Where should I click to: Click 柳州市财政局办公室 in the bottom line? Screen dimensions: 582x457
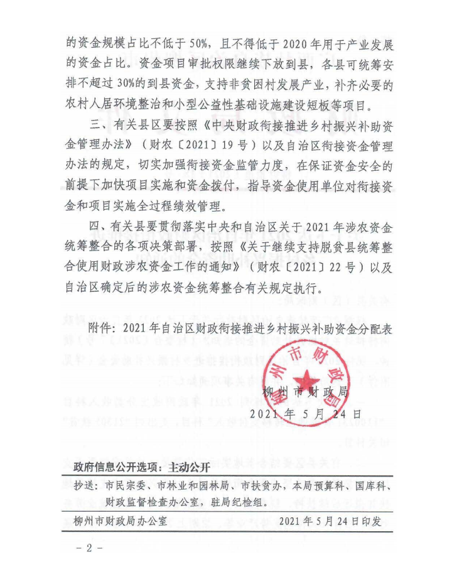(x=120, y=520)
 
